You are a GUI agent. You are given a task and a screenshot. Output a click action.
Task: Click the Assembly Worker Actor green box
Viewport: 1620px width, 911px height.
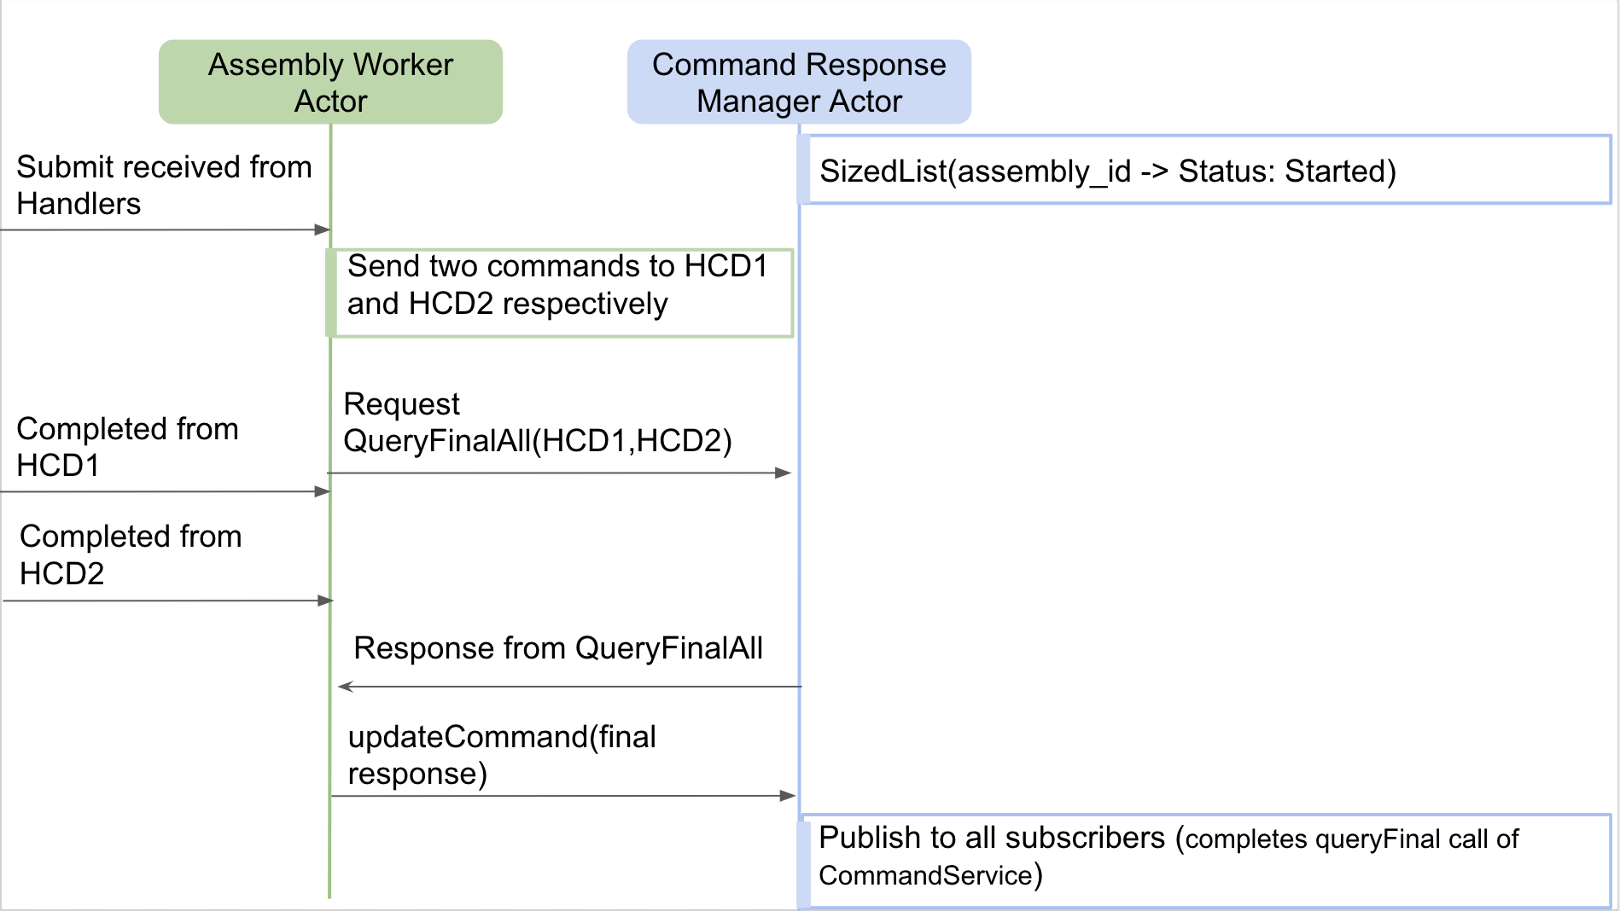[330, 82]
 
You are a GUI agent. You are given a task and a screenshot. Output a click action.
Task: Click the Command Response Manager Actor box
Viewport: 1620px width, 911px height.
[799, 82]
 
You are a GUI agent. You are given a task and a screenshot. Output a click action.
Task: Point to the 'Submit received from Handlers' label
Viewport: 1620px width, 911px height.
[164, 185]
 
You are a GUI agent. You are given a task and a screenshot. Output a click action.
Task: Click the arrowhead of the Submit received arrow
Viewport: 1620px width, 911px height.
[323, 229]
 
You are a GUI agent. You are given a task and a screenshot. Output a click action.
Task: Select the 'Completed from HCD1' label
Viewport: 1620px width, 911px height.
[127, 446]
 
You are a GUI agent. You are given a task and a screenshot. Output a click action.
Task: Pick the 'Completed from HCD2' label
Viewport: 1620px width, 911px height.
[131, 554]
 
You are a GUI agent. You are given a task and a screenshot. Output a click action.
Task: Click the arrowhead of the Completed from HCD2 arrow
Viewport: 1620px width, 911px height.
[325, 601]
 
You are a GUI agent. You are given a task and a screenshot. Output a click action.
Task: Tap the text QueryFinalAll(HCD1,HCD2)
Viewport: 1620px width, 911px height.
[537, 441]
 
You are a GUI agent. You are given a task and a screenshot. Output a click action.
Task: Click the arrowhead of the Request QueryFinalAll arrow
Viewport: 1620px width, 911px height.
[784, 473]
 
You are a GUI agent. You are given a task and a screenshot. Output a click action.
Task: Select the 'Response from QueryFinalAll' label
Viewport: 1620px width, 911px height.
[558, 648]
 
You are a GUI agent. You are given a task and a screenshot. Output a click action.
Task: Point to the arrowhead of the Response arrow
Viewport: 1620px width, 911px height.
[345, 687]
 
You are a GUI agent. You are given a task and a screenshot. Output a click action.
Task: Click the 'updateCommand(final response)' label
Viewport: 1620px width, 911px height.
[502, 755]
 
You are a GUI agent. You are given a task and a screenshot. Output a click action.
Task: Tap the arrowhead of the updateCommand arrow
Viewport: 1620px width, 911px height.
[788, 796]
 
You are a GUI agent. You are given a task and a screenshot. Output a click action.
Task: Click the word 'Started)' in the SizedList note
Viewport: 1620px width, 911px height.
[1340, 171]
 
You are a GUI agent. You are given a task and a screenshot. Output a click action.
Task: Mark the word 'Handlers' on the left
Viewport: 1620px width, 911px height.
[79, 204]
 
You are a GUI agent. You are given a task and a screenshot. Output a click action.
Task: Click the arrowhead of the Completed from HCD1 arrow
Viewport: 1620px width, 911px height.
[323, 491]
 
